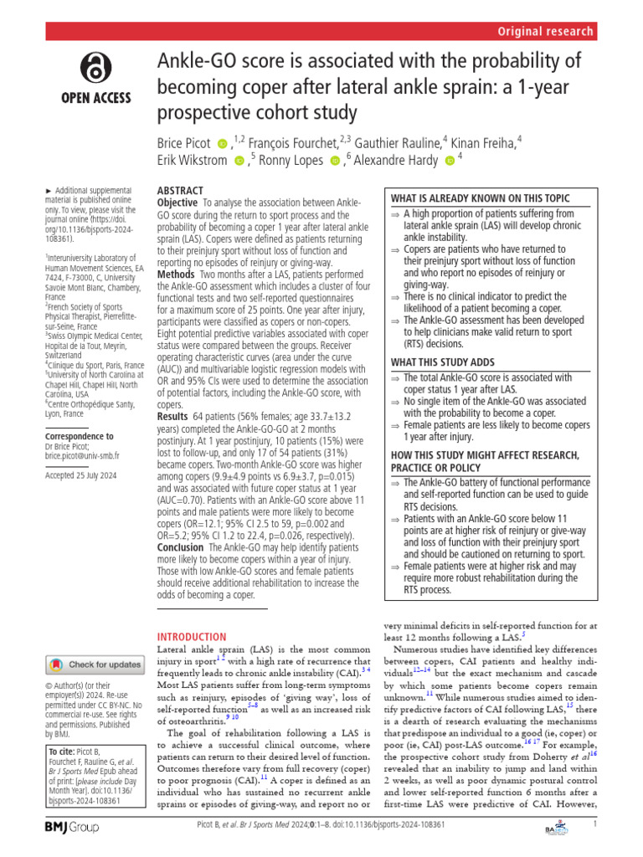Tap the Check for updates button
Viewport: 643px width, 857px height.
coord(94,665)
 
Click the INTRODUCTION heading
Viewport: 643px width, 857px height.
coord(193,637)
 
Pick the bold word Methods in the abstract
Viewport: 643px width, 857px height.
coord(176,275)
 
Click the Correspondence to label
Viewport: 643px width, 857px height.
coord(80,437)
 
